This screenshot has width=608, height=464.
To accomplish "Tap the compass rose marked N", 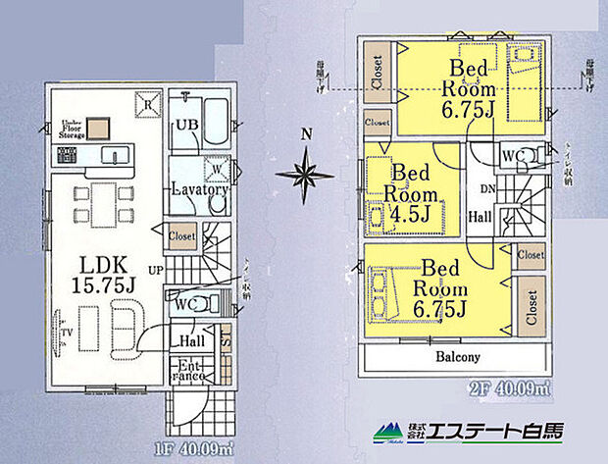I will (304, 175).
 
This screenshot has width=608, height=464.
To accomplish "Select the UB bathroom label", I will (185, 125).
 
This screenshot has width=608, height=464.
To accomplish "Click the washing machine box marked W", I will (211, 164).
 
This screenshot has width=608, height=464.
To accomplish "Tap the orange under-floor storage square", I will (96, 128).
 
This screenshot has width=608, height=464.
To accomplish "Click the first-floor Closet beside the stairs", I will (182, 235).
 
